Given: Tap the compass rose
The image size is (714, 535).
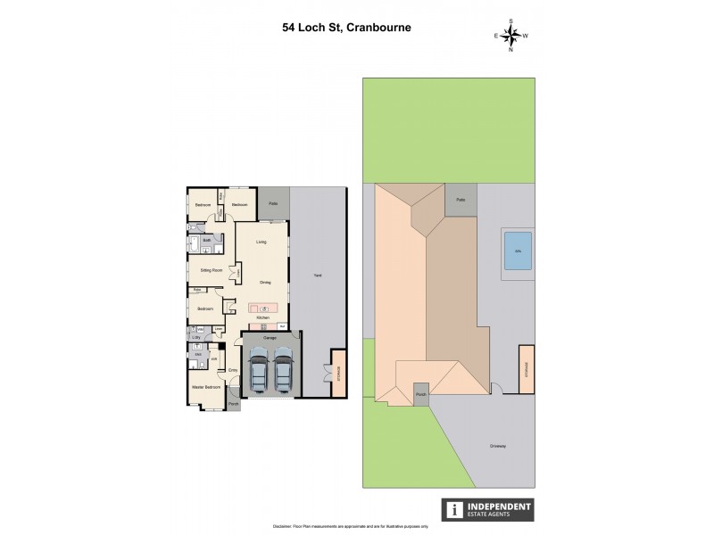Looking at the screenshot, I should point(511,35).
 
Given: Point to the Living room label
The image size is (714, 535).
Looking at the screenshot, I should point(262,242).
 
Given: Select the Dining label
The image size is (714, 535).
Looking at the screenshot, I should point(265,283).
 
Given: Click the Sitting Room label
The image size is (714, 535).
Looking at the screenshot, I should point(205,267).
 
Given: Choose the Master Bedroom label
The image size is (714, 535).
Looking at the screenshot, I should point(205,387).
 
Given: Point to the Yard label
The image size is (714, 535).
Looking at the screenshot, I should point(317,276).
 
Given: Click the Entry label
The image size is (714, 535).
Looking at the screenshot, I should point(232,369).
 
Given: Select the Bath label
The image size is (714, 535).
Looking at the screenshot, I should point(206,240).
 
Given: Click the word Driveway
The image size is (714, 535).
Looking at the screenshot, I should point(500,447).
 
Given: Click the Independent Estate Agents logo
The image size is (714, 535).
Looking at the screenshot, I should point(489,509).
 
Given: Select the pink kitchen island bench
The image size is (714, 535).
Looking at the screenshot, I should point(263,308).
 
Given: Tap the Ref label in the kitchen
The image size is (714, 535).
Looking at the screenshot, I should point(282,326).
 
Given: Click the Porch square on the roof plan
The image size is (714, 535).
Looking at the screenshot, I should point(420,391).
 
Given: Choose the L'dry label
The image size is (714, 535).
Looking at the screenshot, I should point(196,337).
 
